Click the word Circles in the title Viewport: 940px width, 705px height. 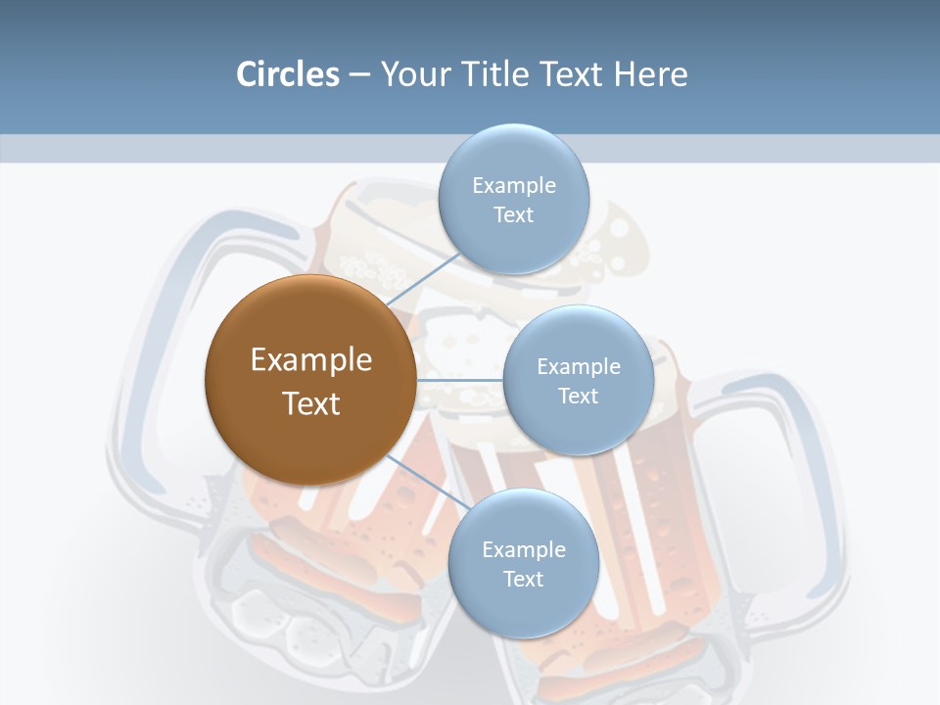[x=288, y=74]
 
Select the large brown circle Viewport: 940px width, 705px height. [x=310, y=380]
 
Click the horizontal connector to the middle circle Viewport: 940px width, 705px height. [x=459, y=379]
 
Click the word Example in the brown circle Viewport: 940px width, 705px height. [x=311, y=360]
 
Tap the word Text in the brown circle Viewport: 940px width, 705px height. [x=311, y=403]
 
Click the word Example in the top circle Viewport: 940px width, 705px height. [x=514, y=185]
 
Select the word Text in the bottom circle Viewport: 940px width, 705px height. [x=523, y=579]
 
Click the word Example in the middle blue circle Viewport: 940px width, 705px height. [x=579, y=366]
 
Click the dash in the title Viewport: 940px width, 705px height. [x=359, y=75]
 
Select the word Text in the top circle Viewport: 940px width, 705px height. [x=513, y=214]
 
